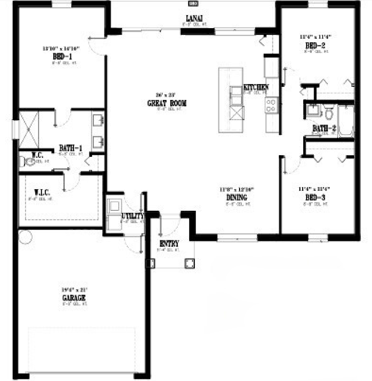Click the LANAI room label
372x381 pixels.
point(193,18)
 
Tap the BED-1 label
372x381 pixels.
point(62,56)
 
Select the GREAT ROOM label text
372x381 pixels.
point(167,103)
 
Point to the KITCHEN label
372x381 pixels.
point(256,88)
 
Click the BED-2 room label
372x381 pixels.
point(315,45)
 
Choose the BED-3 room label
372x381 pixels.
point(315,197)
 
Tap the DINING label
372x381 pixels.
point(237,197)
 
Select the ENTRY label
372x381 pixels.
point(169,244)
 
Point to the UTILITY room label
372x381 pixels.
point(133,216)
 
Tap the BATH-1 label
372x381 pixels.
point(71,148)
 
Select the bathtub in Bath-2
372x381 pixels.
point(346,121)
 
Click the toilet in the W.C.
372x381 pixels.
point(27,161)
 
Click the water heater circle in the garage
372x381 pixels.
point(25,237)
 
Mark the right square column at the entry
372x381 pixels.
point(190,263)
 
